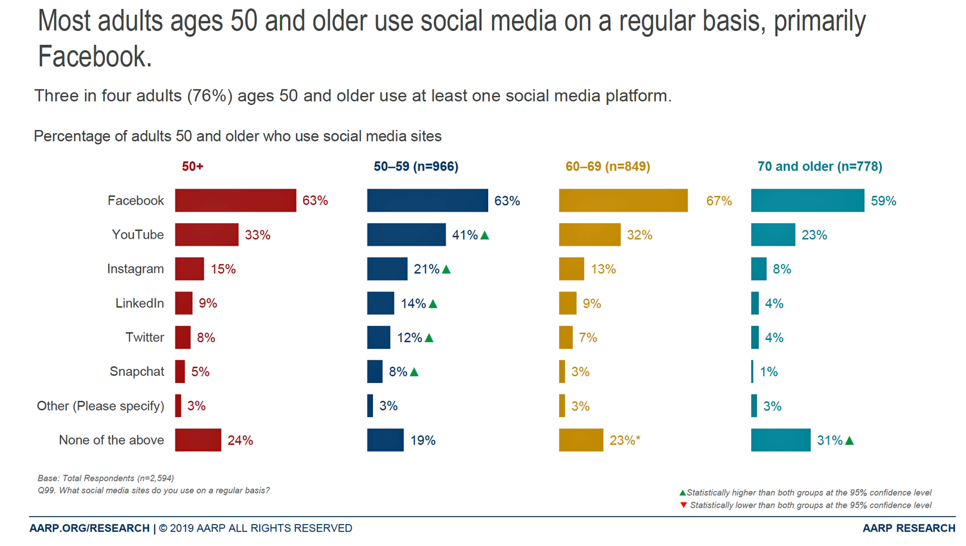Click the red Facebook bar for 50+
[235, 200]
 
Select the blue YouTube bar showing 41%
[406, 235]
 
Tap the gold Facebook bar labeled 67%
[623, 200]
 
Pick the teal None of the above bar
[780, 440]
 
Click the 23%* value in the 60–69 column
[625, 440]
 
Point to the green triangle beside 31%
[850, 440]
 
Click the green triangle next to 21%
[446, 269]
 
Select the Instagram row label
[135, 269]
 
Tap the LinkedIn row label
[140, 303]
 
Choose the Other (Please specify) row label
[100, 406]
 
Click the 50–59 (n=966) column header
[416, 166]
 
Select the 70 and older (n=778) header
[819, 166]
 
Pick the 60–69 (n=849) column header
[607, 166]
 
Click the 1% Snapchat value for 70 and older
[769, 372]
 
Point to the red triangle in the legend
[684, 505]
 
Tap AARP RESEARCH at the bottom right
[908, 528]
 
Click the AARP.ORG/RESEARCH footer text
[89, 528]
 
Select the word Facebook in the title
[95, 57]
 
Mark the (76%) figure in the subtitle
[209, 95]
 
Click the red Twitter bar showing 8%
[183, 338]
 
